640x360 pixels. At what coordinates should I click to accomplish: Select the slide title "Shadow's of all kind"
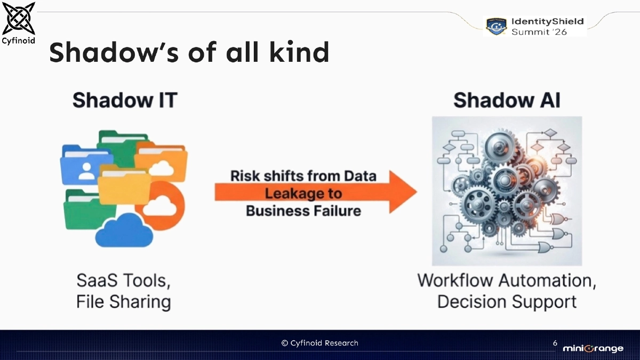click(189, 52)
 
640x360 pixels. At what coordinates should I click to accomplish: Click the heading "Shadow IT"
click(124, 100)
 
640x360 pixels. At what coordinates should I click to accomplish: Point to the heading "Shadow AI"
click(507, 100)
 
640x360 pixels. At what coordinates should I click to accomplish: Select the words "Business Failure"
click(303, 211)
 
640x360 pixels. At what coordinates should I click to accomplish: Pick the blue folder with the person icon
click(85, 165)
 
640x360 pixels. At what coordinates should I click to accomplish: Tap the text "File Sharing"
click(124, 302)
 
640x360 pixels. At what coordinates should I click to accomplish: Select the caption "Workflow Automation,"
click(507, 281)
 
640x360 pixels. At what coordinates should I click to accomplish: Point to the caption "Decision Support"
click(507, 302)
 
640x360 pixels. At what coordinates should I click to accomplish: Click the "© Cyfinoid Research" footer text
click(320, 343)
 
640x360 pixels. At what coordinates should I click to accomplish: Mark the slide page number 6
click(555, 343)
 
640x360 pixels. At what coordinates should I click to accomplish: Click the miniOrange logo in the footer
click(593, 348)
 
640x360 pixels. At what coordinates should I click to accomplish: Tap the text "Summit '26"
click(539, 32)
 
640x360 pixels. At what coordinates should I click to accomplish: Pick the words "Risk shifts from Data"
click(303, 176)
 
